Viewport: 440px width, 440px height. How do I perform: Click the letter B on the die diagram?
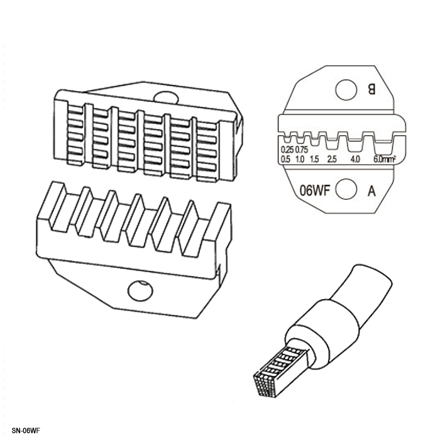coord(371,90)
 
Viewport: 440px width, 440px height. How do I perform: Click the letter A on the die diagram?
coord(371,191)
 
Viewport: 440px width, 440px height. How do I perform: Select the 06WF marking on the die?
coord(314,191)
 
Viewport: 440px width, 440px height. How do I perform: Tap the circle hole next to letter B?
coord(346,90)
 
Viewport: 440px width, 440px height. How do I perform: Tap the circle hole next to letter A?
coord(346,189)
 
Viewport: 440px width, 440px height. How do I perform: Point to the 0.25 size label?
coord(287,150)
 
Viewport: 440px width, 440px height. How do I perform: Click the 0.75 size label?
coord(302,150)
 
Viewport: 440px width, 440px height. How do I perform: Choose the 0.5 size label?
coord(285,160)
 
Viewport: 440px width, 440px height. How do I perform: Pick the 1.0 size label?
coord(300,160)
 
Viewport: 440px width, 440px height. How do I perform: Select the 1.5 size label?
coord(314,160)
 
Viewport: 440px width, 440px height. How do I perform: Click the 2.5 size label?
coord(332,160)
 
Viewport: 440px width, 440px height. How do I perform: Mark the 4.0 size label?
coord(355,160)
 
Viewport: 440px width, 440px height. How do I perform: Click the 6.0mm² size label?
coord(385,159)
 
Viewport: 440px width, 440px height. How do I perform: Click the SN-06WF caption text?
coord(26,431)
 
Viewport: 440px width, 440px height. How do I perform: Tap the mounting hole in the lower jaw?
coord(140,290)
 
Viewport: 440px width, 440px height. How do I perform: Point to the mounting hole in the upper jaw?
coord(166,97)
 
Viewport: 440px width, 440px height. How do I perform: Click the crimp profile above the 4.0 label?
coord(355,141)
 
